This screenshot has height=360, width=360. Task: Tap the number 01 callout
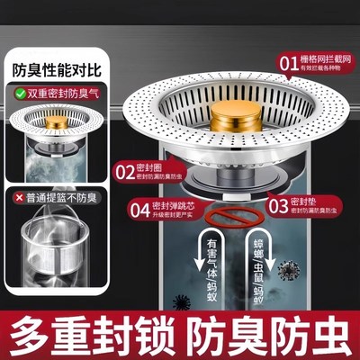pos(287,64)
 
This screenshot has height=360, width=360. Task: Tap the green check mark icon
pos(17,92)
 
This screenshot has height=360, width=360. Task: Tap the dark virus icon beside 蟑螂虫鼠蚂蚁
pos(289,271)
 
